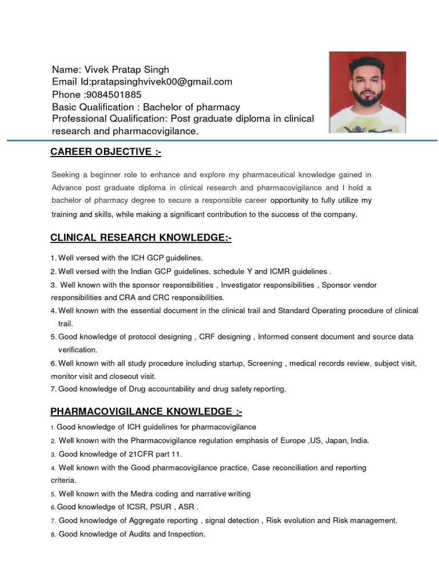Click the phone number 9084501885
tap(114, 94)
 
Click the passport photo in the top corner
tap(367, 92)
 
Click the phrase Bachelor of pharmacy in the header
tap(191, 107)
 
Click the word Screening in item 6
tap(265, 363)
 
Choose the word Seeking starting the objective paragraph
tap(66, 174)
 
